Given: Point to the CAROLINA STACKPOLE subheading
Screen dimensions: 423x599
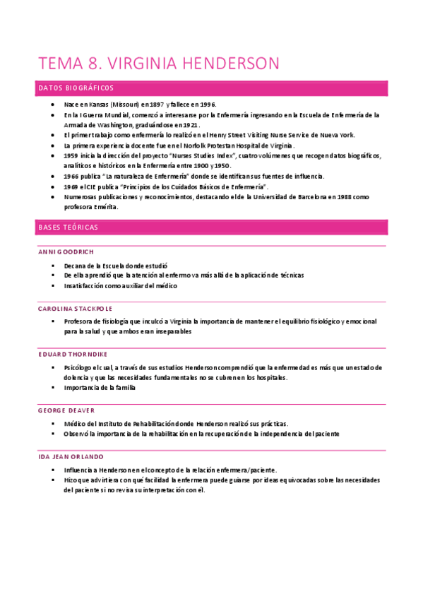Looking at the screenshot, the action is [75, 309].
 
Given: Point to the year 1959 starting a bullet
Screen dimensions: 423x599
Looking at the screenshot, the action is [71, 155].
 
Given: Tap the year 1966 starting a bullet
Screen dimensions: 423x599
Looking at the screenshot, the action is [71, 176].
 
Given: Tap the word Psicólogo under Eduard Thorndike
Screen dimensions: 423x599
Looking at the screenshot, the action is [80, 367].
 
